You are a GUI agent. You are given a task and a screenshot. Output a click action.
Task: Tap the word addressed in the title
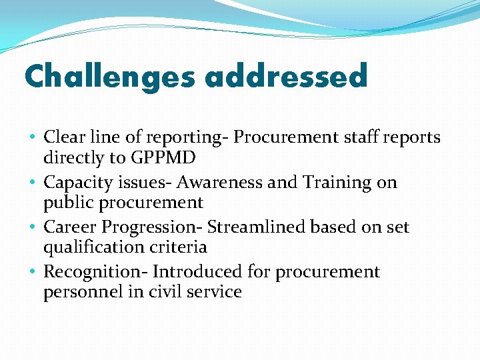(286, 76)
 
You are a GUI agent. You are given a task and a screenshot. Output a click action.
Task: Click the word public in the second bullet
(65, 203)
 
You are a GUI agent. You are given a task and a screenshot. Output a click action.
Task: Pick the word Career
(70, 227)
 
